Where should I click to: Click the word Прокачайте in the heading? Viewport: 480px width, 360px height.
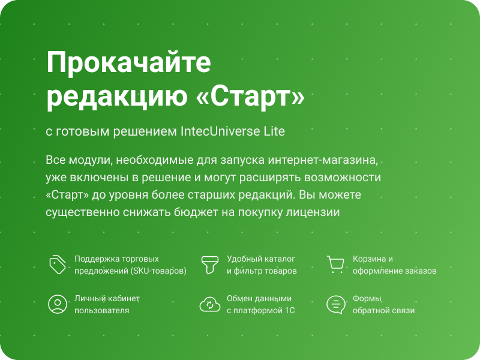128,64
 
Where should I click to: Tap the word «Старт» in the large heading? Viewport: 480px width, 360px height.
250,97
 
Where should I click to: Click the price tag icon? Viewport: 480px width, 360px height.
58,265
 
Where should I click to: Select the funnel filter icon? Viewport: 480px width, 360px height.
210,265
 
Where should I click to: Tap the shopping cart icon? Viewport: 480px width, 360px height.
335,265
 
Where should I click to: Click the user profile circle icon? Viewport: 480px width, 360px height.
58,304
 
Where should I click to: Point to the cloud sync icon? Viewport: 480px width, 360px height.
210,304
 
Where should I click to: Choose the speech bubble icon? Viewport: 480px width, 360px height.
335,305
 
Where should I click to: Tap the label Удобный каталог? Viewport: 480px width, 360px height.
261,259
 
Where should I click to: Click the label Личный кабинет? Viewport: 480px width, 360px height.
107,298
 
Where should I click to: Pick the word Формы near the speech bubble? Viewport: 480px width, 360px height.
367,298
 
